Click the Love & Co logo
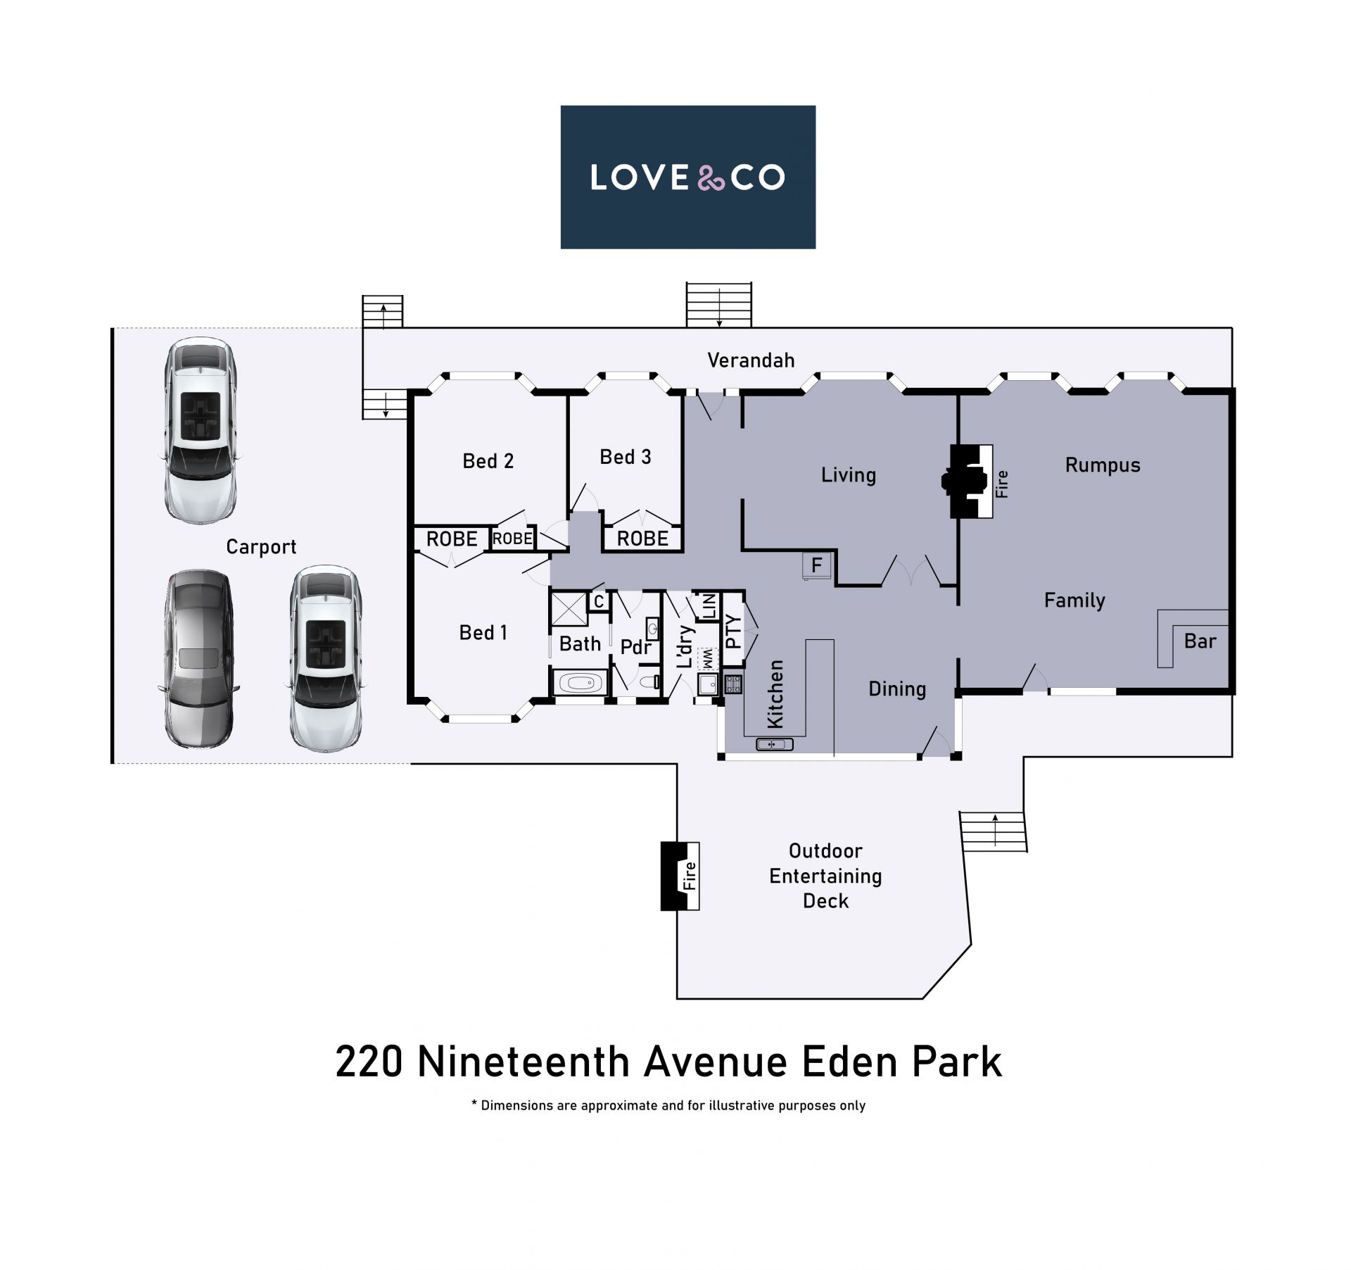tap(687, 177)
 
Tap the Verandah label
tap(751, 360)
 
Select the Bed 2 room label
tap(488, 461)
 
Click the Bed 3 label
tap(626, 457)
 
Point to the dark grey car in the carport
tap(200, 658)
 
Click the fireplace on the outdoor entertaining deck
tap(680, 876)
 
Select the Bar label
tap(1200, 641)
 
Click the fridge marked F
tap(816, 565)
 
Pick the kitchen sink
tap(774, 744)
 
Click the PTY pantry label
tap(732, 631)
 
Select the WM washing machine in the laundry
tap(707, 659)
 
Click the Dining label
tap(897, 689)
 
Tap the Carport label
tap(261, 547)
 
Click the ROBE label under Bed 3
tap(642, 539)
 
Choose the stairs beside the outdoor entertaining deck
tap(994, 831)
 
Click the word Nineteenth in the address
tap(523, 1062)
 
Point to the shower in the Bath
tap(569, 610)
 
